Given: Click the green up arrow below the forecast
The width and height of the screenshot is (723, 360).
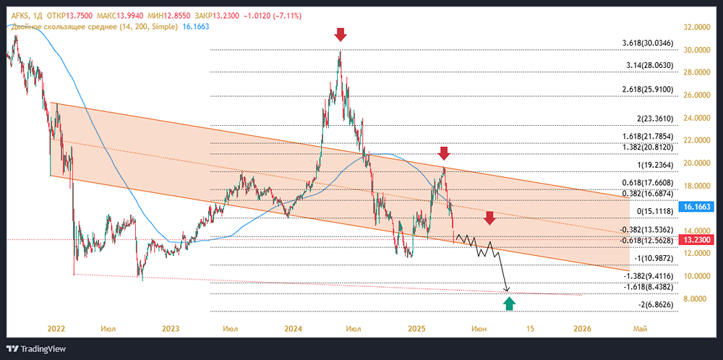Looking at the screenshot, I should (x=509, y=304).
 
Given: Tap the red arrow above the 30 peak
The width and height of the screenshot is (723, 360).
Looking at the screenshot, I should (x=341, y=34).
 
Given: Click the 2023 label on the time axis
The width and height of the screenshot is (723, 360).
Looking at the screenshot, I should (x=171, y=329).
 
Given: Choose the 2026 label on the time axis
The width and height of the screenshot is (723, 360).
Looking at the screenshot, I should (x=582, y=329).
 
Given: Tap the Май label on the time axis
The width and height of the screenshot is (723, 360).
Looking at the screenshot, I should (x=639, y=329).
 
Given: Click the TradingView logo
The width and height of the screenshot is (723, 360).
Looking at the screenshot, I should (x=35, y=348).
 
